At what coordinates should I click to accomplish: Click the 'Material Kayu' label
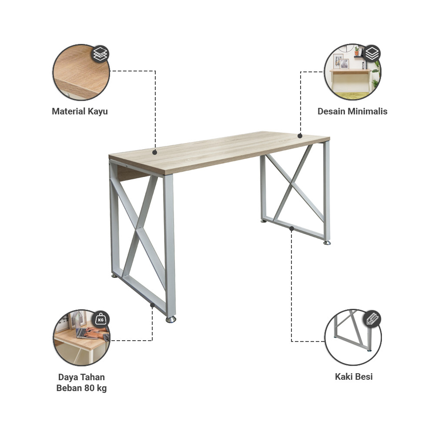click(80, 111)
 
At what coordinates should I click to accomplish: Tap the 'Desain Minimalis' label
click(352, 111)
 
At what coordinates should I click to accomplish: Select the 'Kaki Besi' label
click(353, 377)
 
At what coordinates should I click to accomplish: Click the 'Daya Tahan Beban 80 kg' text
click(81, 383)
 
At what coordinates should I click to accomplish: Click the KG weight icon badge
click(101, 320)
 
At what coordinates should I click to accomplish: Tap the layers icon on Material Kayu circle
click(100, 54)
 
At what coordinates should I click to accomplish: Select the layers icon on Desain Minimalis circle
click(372, 54)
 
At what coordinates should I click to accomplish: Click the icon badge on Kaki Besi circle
click(372, 319)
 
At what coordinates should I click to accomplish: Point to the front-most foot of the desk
click(171, 320)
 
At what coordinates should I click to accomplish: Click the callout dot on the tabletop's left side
click(154, 153)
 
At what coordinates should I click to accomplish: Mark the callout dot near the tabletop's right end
click(300, 136)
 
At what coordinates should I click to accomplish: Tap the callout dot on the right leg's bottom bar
click(291, 228)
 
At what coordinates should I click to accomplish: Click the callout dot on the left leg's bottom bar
click(152, 305)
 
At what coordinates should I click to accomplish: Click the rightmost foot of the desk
click(327, 243)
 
